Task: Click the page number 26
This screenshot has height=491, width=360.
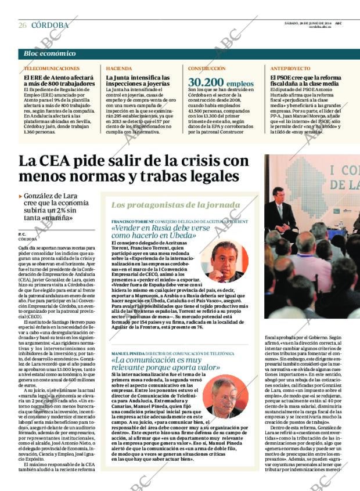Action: click(22, 26)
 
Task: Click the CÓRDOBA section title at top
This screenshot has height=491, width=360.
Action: click(49, 26)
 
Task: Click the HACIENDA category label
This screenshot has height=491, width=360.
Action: click(114, 68)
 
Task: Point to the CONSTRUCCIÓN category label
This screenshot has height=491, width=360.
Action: click(207, 68)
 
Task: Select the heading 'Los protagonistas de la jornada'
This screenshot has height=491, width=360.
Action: click(168, 205)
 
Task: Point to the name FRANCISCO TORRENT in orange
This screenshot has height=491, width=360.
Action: click(132, 222)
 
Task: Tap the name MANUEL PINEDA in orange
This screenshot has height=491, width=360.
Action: click(128, 353)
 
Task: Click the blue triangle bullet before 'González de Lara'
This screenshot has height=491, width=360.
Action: click(21, 197)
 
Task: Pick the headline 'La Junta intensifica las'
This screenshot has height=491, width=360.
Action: click(138, 77)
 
